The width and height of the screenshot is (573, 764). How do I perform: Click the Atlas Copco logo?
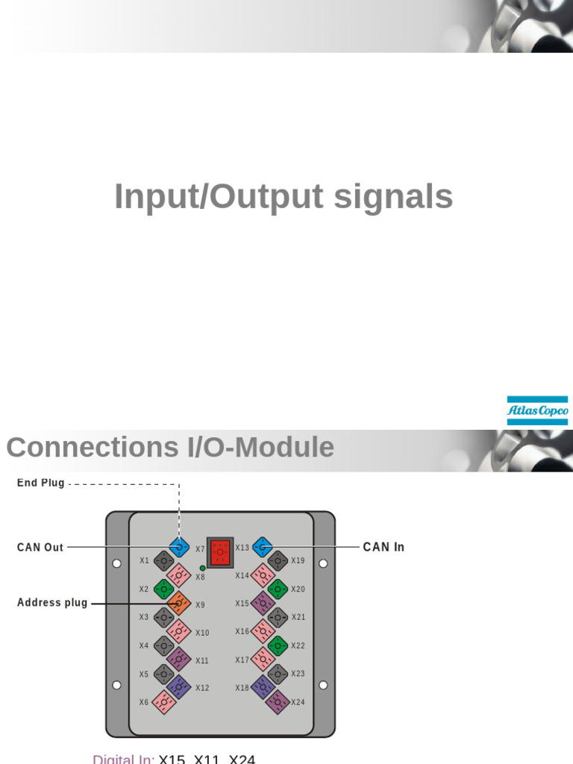point(537,410)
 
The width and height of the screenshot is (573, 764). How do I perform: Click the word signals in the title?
point(393,197)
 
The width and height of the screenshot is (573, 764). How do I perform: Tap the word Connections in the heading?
point(85,448)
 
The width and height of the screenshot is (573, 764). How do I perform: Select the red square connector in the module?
point(219,552)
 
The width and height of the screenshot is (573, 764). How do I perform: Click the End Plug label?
point(41,483)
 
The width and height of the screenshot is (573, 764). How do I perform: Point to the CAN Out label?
point(40,547)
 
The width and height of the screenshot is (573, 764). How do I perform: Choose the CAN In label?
point(383,547)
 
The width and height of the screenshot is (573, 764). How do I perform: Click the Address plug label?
point(52,602)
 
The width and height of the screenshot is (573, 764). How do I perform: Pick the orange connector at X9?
point(178,603)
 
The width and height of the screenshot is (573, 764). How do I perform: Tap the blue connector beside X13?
point(261,547)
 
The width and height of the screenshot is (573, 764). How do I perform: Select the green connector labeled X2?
point(164,589)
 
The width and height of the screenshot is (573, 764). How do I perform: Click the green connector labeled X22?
point(278,645)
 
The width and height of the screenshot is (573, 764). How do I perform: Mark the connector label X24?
point(298,702)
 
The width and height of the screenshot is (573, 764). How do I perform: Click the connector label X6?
point(144,702)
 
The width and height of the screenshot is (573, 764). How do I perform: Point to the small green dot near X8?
point(202,568)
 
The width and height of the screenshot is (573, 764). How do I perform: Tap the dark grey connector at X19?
point(278,560)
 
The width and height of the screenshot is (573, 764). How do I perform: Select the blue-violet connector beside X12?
point(178,687)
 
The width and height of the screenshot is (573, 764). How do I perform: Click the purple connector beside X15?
point(262,603)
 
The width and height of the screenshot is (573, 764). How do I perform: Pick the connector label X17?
point(242,660)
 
